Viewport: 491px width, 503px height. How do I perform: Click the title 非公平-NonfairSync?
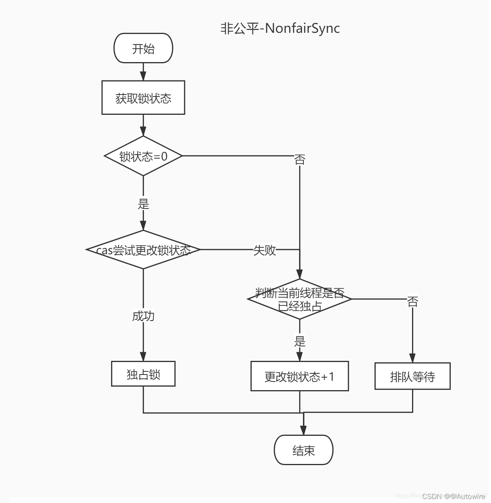[x=280, y=28]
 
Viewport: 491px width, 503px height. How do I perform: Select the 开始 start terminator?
[x=143, y=48]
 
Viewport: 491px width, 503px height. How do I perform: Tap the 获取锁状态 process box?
[x=143, y=98]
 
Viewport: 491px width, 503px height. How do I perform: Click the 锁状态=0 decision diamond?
[x=143, y=156]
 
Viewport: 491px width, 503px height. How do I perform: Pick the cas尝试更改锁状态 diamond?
[x=143, y=250]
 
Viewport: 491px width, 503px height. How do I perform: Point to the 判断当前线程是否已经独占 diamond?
[x=299, y=299]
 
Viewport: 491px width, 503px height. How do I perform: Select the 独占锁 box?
[x=143, y=374]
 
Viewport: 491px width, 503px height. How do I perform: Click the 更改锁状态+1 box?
[x=299, y=376]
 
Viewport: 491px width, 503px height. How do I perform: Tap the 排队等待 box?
[x=412, y=376]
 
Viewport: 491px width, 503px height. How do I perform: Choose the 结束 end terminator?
[x=303, y=450]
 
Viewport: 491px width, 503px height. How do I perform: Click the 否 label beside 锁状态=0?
[x=299, y=159]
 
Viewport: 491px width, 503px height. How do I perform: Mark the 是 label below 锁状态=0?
[x=143, y=203]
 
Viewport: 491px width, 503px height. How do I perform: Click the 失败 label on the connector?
[x=265, y=250]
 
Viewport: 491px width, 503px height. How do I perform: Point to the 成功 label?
[x=143, y=316]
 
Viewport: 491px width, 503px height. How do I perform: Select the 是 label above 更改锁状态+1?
[x=299, y=341]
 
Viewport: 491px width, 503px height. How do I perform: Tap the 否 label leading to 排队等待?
[x=412, y=301]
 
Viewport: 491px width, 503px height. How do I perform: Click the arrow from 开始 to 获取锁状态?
[x=143, y=72]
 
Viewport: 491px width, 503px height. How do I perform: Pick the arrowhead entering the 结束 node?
[x=303, y=430]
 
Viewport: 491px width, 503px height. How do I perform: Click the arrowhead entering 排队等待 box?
[x=412, y=358]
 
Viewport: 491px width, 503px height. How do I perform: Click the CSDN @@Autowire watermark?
[x=453, y=496]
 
